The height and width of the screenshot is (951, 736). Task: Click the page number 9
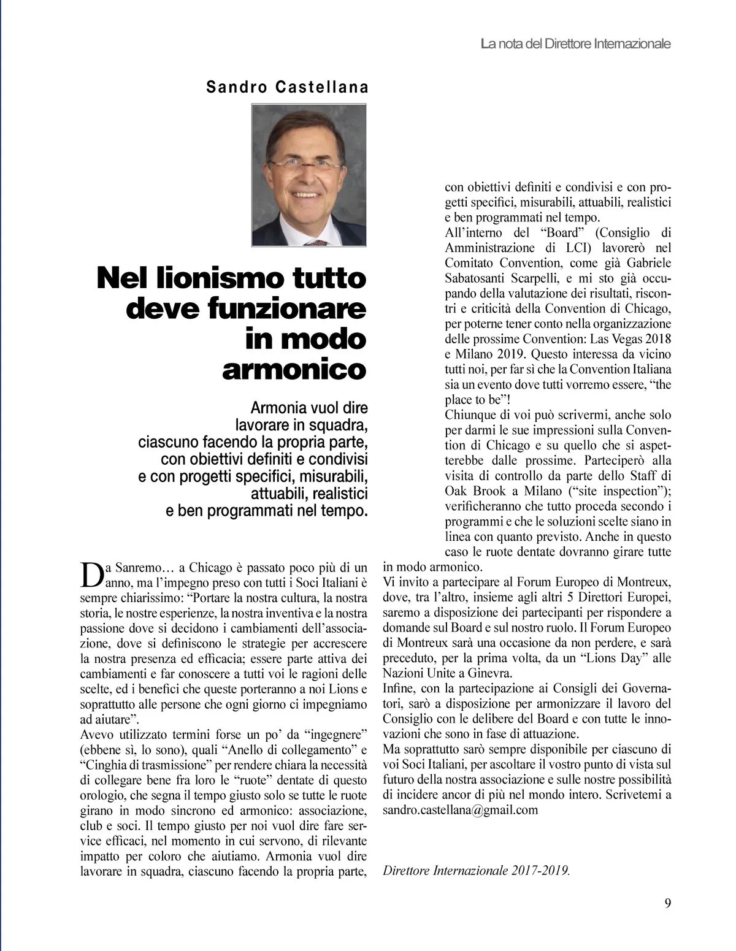(667, 903)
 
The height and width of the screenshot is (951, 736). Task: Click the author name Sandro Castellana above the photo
(287, 87)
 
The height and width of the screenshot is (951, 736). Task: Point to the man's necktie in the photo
(316, 243)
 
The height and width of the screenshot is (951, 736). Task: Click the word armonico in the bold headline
(294, 369)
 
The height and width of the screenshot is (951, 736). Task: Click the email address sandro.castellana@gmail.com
(460, 810)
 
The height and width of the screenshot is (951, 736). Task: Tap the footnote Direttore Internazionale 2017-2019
(476, 870)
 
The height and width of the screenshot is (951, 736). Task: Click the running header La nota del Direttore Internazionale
(575, 44)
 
